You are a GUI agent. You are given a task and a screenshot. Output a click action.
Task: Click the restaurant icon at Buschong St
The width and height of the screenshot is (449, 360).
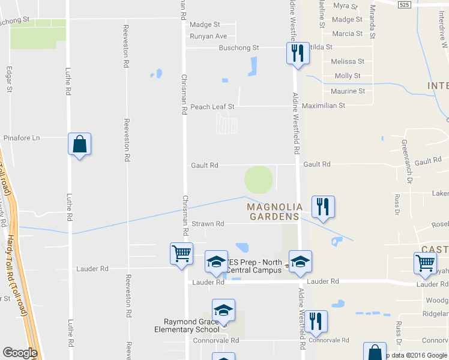coord(297,53)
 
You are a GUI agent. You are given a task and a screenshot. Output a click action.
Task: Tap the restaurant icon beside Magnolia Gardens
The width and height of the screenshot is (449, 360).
coord(323,207)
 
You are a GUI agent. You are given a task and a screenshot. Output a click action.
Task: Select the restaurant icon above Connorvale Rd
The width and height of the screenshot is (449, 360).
coord(315,322)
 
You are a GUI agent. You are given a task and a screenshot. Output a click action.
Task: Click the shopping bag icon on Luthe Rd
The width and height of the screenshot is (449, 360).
coord(79,144)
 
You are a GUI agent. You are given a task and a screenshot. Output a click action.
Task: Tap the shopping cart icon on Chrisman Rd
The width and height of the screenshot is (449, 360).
coord(181,253)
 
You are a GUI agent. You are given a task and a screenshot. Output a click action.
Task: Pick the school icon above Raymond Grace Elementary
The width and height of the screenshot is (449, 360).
coord(223,310)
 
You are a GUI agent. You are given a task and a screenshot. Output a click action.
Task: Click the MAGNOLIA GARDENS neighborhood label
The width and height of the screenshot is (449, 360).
coord(273,211)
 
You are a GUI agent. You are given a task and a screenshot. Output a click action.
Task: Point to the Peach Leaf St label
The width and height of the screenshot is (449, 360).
coord(212,107)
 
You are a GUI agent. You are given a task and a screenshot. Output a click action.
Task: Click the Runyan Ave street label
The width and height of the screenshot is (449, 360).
coord(208,36)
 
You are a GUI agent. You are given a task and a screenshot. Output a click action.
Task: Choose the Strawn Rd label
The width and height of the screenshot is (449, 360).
coord(207,224)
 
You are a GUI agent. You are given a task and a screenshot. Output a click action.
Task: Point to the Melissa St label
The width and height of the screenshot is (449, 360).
coord(348,61)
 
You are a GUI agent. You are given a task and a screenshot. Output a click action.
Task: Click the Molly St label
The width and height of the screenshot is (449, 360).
coord(347,76)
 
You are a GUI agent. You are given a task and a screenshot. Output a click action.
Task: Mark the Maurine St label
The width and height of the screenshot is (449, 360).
coord(348,91)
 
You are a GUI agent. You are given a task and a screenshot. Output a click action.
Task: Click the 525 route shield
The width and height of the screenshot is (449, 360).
coord(404,4)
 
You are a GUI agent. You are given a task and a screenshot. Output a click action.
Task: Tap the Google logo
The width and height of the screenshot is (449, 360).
coord(20,352)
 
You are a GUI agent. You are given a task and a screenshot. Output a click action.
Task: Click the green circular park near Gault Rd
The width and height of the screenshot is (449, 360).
coord(258,179)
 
